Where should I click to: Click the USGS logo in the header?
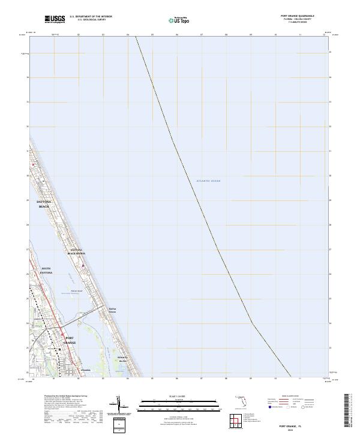[x=55, y=19]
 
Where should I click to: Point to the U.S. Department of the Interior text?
[x=91, y=17]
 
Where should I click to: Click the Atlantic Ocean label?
[x=208, y=181]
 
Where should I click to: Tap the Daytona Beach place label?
[x=45, y=204]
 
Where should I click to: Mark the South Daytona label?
[x=46, y=271]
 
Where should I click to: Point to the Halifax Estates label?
[x=112, y=310]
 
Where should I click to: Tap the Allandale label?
[x=85, y=370]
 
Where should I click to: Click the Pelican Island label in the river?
[x=71, y=291]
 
